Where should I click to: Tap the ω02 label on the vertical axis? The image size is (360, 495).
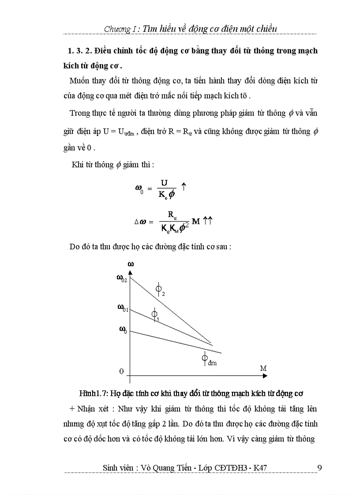pyautogui.click(x=122, y=278)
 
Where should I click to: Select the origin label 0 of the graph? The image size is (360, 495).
pyautogui.click(x=121, y=371)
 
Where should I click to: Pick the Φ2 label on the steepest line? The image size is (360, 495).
pyautogui.click(x=160, y=290)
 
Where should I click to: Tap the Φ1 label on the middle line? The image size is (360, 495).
pyautogui.click(x=155, y=315)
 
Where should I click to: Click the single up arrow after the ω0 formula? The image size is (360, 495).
pyautogui.click(x=184, y=187)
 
